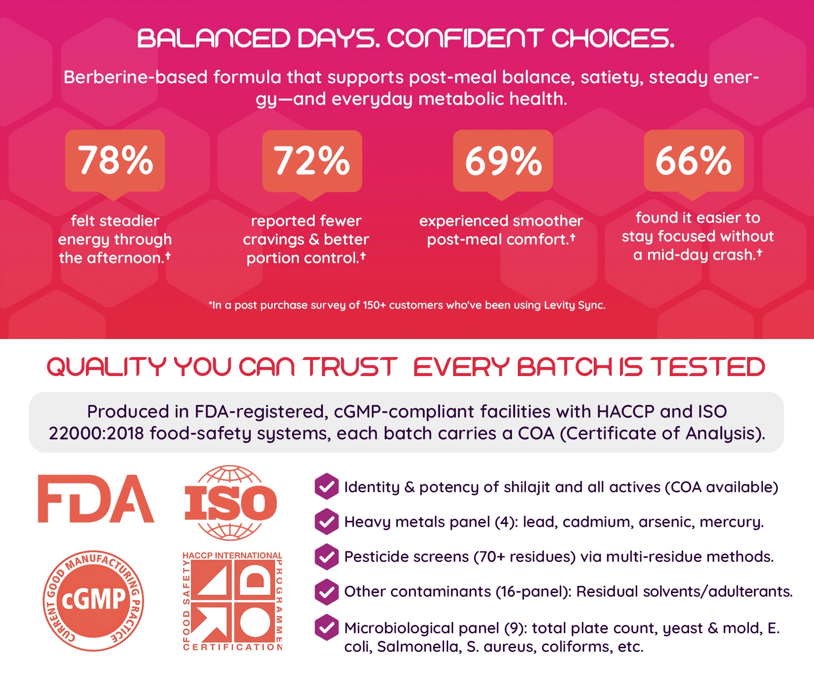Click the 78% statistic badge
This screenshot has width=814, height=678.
pyautogui.click(x=115, y=163)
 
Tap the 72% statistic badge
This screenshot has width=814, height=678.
pyautogui.click(x=312, y=163)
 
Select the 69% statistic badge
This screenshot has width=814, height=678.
pyautogui.click(x=503, y=163)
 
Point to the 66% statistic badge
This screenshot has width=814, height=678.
pyautogui.click(x=694, y=163)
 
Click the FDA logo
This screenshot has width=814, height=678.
pyautogui.click(x=96, y=499)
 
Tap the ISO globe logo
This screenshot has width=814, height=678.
pyautogui.click(x=231, y=503)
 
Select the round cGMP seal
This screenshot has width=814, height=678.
pyautogui.click(x=94, y=601)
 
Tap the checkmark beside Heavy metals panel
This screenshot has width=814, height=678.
pyautogui.click(x=327, y=522)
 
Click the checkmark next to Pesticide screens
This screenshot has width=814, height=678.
pyautogui.click(x=327, y=556)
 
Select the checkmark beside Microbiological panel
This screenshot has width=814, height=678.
pyautogui.click(x=327, y=627)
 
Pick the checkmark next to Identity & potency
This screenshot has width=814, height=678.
pyautogui.click(x=327, y=487)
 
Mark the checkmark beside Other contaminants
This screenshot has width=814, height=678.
pyautogui.click(x=327, y=592)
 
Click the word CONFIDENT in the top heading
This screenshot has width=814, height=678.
pyautogui.click(x=465, y=38)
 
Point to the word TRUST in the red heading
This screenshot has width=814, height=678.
pyautogui.click(x=350, y=367)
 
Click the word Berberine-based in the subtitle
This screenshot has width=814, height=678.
pyautogui.click(x=136, y=77)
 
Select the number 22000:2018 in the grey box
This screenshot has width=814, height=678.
pyautogui.click(x=96, y=433)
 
